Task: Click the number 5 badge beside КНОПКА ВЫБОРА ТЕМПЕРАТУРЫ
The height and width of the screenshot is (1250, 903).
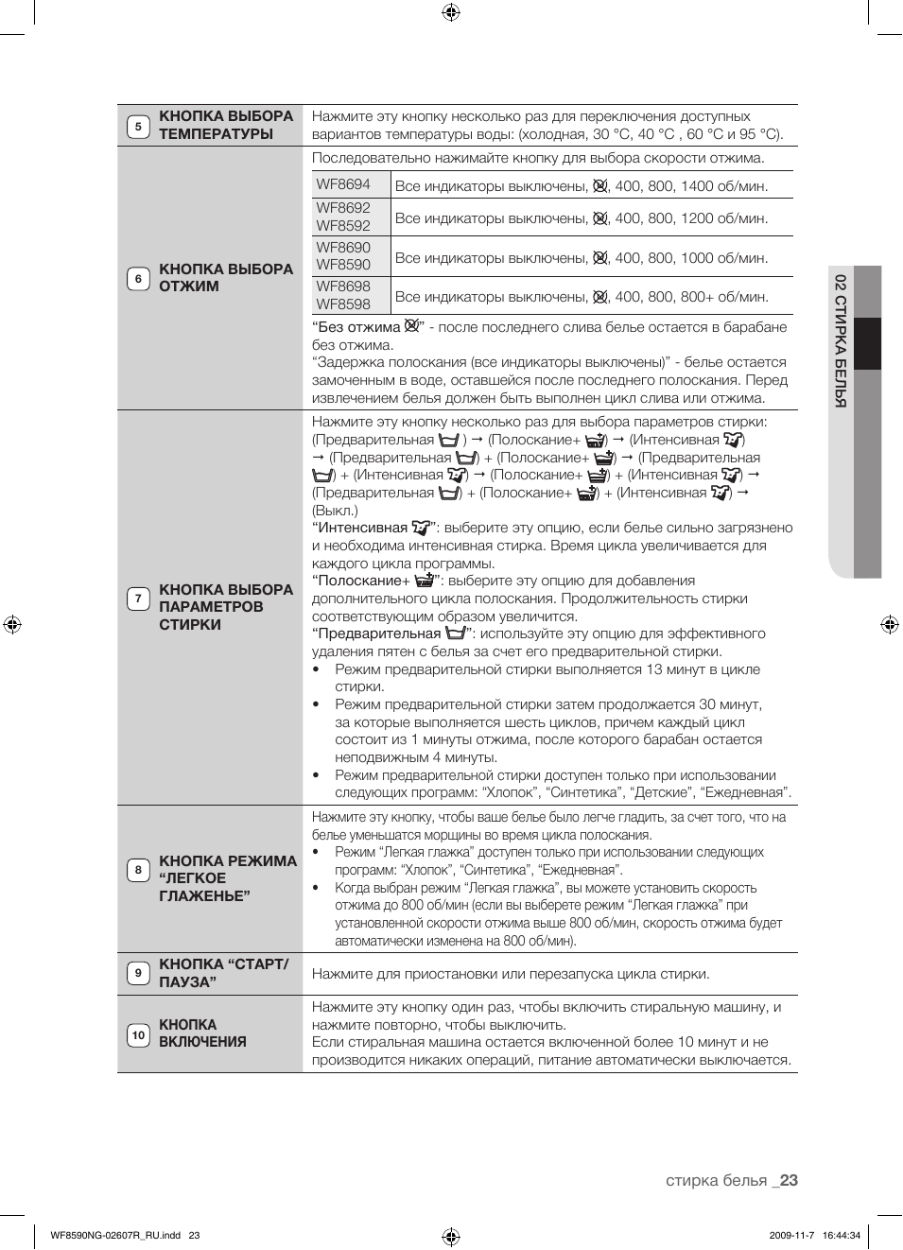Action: [138, 126]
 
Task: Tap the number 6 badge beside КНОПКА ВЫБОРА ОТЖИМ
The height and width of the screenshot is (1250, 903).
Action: [138, 279]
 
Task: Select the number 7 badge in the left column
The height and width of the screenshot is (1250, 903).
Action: [138, 599]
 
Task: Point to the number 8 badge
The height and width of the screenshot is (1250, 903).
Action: [138, 870]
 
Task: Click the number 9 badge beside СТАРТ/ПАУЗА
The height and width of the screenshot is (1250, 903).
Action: [138, 973]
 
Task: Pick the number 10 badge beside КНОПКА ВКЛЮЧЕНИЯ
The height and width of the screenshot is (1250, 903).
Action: [138, 1034]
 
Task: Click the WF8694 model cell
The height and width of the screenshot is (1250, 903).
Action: [343, 184]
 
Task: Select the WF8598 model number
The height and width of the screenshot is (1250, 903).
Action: [343, 304]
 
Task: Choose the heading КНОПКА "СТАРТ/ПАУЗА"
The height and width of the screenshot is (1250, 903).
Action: [223, 973]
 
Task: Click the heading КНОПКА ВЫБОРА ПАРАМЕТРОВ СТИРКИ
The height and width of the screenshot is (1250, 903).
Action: [226, 607]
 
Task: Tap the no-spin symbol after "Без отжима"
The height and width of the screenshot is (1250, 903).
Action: [411, 326]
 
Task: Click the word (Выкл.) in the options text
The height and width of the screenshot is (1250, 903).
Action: [335, 511]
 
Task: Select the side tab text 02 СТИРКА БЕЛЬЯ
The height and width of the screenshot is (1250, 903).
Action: [840, 340]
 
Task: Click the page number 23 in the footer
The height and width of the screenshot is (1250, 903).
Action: [789, 1180]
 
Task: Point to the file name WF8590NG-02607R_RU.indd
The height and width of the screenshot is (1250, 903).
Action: [115, 1235]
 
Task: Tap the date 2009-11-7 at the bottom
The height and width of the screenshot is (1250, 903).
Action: [790, 1235]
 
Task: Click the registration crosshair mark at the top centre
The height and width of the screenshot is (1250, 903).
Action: [451, 12]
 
